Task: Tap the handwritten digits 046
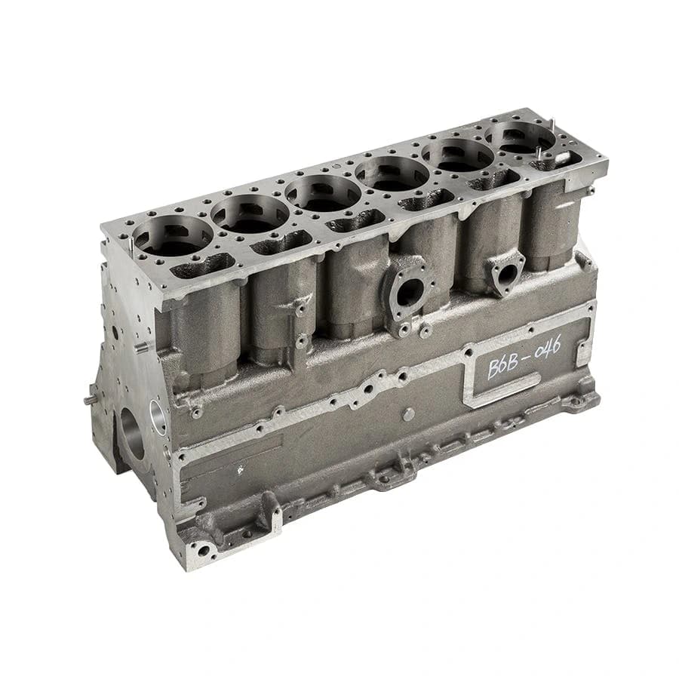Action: [548, 348]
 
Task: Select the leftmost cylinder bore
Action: [173, 236]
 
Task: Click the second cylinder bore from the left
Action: [250, 214]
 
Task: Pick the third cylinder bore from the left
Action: [323, 193]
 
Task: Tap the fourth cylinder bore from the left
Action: [392, 174]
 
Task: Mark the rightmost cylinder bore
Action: [521, 137]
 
